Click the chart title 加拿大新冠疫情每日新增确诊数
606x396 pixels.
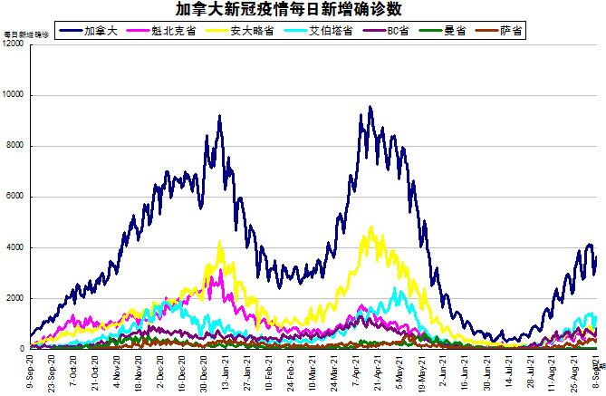(x=303, y=10)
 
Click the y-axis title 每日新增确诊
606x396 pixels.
(x=23, y=34)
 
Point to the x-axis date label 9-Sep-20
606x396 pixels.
(x=33, y=372)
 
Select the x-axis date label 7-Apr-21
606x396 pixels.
(x=347, y=372)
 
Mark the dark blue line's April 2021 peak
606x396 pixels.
(x=370, y=108)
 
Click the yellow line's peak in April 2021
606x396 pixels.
(x=370, y=227)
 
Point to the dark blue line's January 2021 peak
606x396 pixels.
(x=220, y=117)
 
